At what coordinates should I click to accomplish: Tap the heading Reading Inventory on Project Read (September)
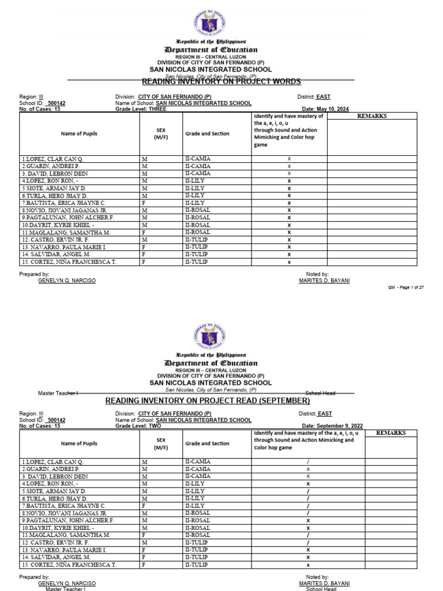207,401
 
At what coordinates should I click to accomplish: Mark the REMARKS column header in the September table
391,433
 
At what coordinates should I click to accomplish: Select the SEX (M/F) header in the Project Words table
160,133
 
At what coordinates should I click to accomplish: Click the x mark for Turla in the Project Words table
289,196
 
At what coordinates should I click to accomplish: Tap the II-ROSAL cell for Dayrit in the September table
197,528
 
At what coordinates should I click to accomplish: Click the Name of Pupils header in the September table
79,444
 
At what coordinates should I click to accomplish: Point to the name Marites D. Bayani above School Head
324,583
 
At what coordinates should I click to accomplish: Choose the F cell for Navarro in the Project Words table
144,247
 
